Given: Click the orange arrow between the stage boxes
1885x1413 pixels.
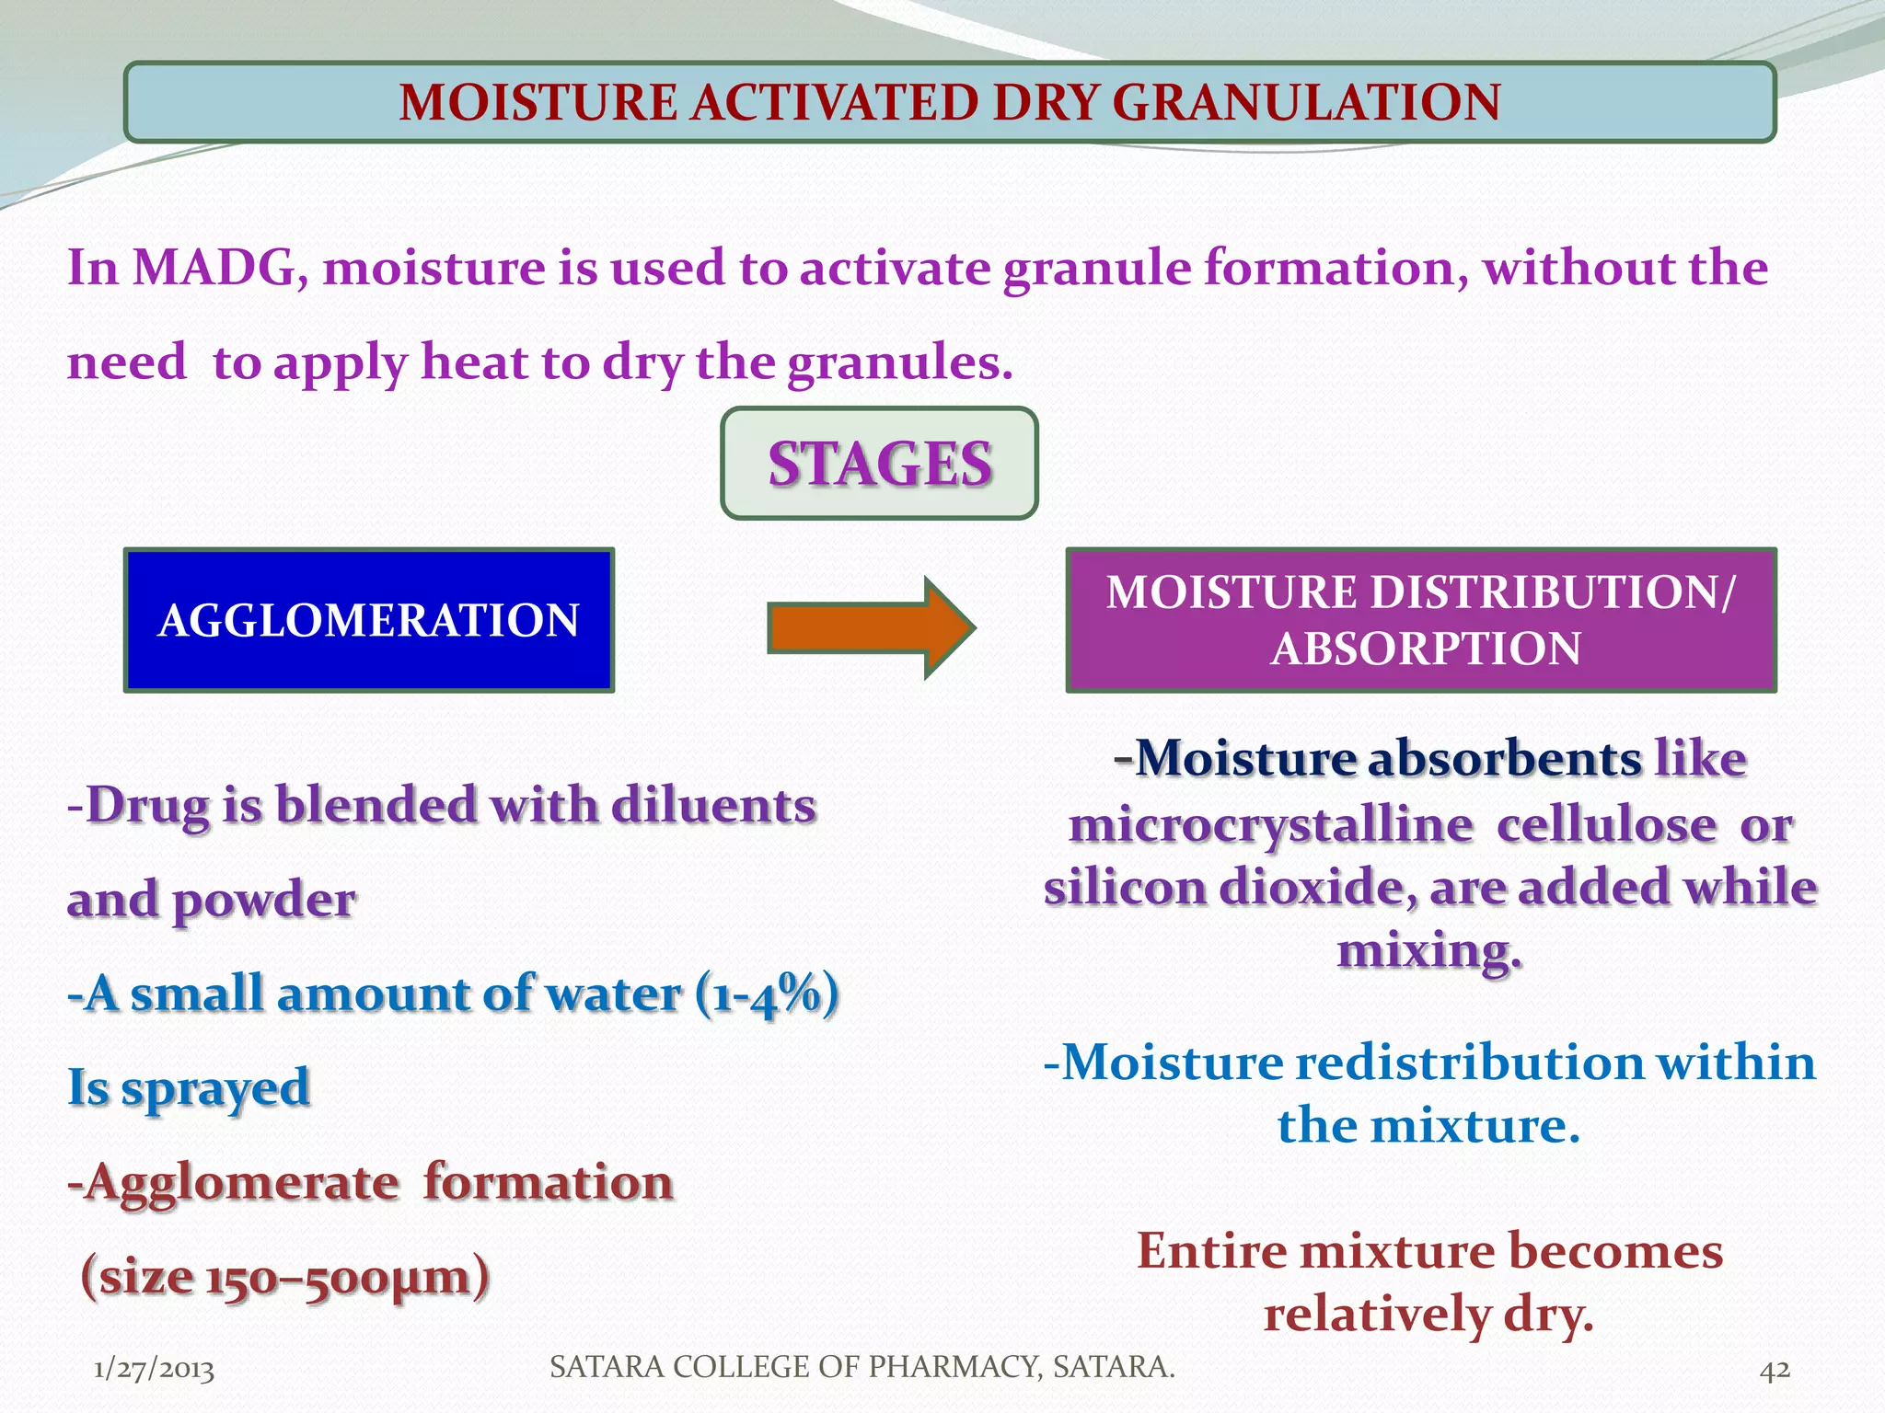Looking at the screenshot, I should point(870,628).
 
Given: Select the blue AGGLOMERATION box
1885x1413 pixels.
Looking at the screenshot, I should point(368,620).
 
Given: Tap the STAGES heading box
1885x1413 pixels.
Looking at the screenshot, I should point(879,464).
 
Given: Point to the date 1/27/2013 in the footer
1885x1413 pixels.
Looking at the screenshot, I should point(154,1370).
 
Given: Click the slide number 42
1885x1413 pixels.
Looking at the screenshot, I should point(1775,1370).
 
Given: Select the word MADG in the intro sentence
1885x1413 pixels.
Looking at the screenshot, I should point(214,269).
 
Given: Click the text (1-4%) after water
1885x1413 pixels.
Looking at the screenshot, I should point(767,994).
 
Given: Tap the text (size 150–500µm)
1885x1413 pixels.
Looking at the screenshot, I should point(285,1277).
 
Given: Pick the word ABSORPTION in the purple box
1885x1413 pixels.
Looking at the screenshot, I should point(1426,649).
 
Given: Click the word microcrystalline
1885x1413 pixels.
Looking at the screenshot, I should point(1270,824).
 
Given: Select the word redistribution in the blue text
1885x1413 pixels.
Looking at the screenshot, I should point(1469,1063).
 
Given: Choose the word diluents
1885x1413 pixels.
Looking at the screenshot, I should point(713,806).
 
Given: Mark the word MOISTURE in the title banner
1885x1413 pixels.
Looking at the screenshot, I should point(538,102).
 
